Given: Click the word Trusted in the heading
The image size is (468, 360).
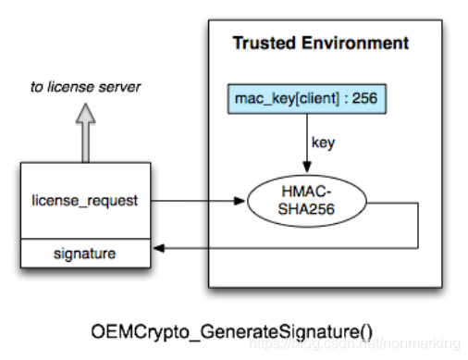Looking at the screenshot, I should (263, 43).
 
